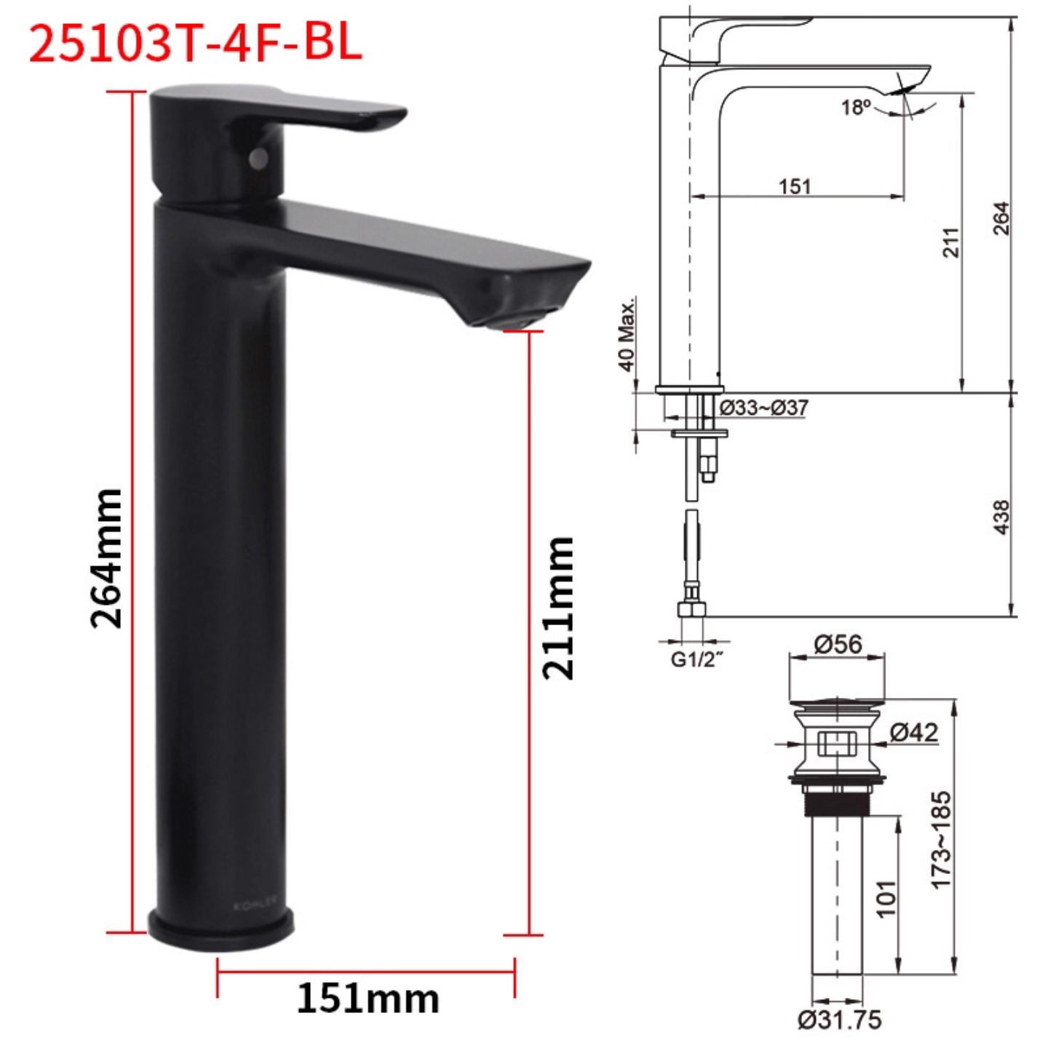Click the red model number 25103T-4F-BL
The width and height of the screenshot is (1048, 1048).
195,45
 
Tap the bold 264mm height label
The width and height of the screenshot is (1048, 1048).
106,558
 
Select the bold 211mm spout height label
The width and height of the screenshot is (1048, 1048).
558,608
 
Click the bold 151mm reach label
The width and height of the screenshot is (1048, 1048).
368,999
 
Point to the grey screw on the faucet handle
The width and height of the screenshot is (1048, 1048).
259,157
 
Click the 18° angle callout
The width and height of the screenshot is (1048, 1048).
856,107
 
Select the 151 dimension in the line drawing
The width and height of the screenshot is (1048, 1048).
795,186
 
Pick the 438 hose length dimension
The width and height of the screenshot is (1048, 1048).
1001,517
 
